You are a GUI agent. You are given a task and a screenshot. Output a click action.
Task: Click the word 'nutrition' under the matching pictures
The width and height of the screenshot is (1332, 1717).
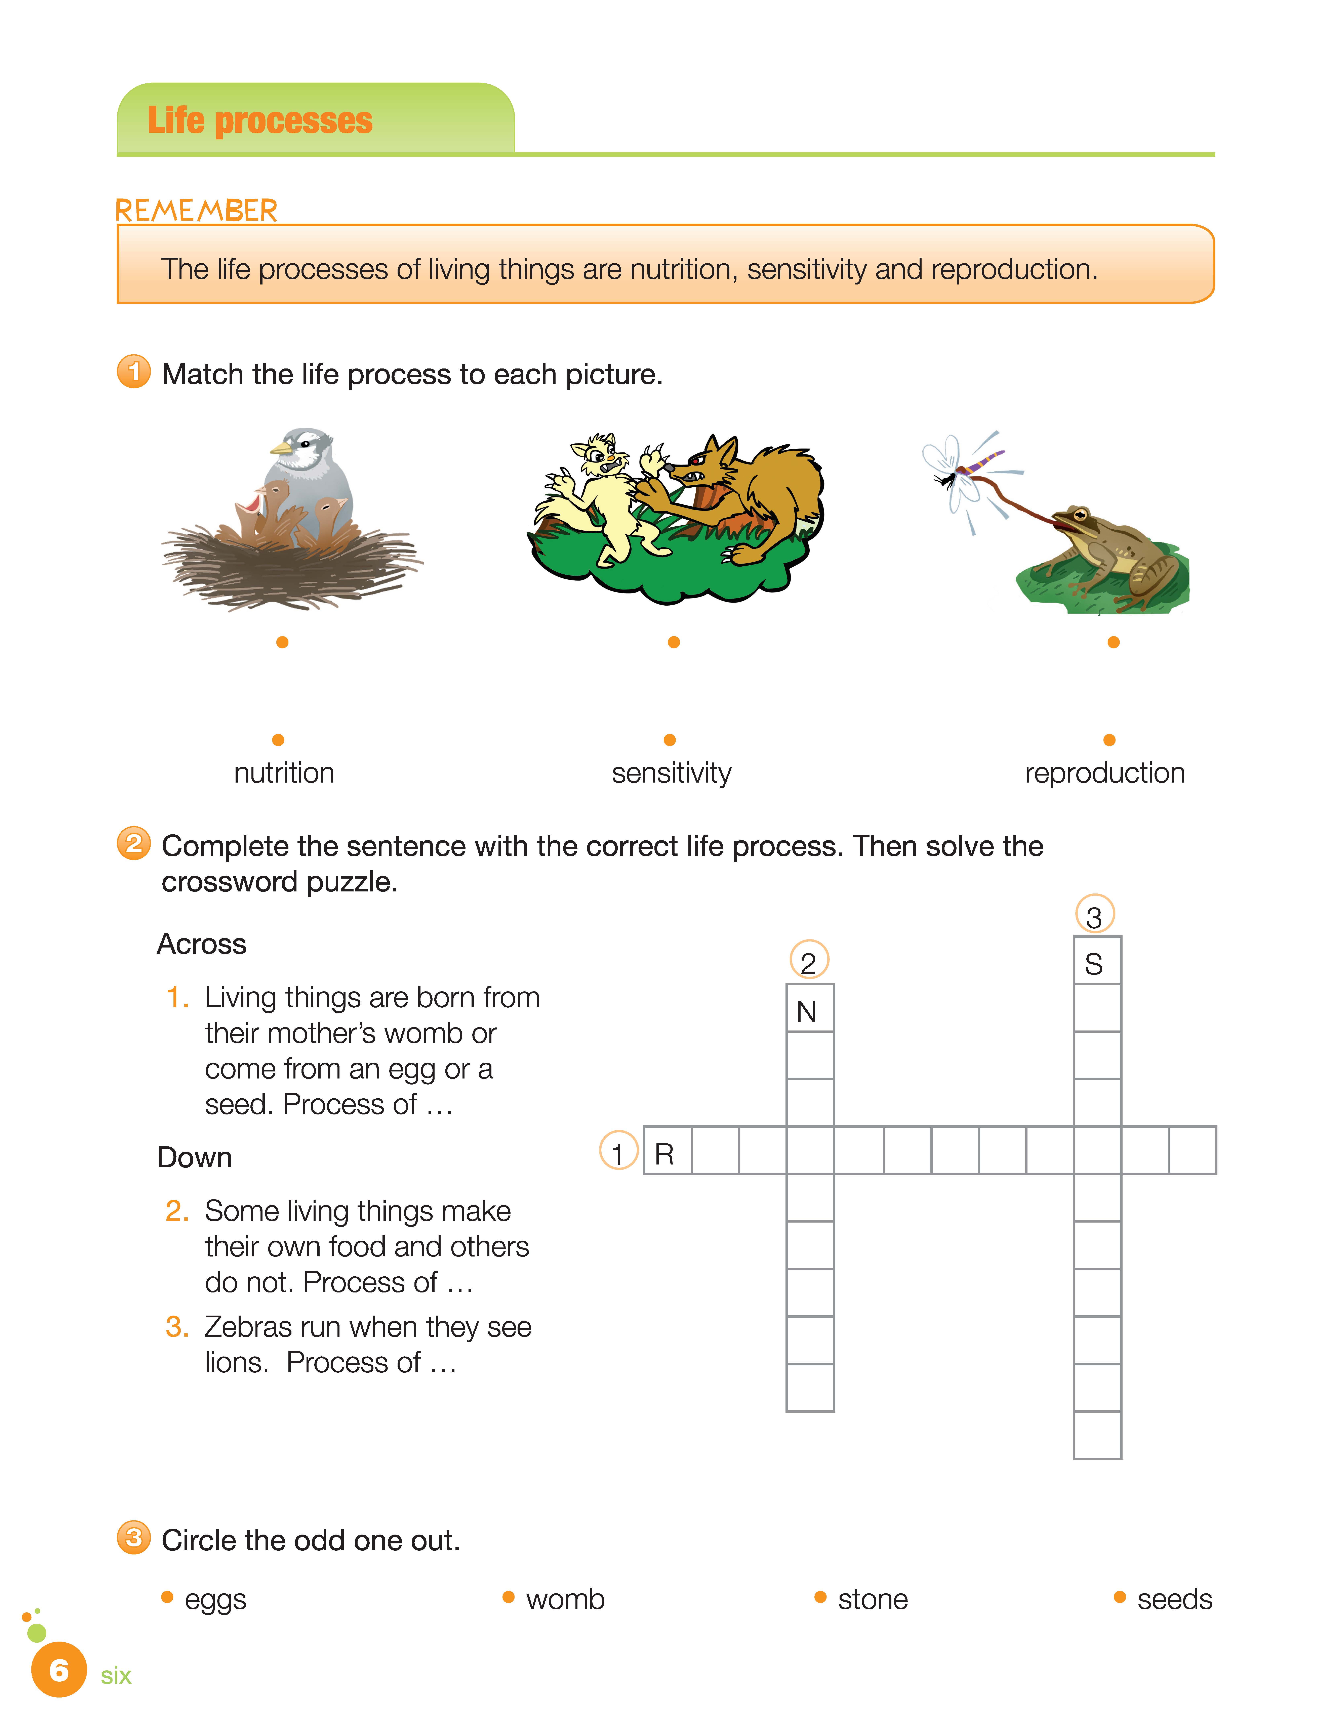point(284,773)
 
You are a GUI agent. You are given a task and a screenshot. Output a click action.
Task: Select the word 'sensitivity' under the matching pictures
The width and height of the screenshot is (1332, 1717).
point(672,773)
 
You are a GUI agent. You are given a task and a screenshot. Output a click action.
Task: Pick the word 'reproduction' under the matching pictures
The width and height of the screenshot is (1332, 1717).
point(1104,773)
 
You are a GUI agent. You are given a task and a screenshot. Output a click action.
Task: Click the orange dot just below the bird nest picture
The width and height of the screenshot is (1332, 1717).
point(282,642)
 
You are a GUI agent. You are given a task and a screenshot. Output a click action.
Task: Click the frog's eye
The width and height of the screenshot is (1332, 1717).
point(1081,515)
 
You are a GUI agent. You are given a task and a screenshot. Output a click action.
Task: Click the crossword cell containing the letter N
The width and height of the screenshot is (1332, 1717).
point(810,1008)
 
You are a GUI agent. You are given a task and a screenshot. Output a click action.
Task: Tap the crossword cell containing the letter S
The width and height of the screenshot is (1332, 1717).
point(1097,961)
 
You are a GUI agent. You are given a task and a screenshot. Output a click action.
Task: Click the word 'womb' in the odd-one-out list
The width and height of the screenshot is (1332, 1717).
point(565,1599)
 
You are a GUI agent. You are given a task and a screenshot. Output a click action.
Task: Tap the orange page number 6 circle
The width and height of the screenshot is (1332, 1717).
point(59,1670)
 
